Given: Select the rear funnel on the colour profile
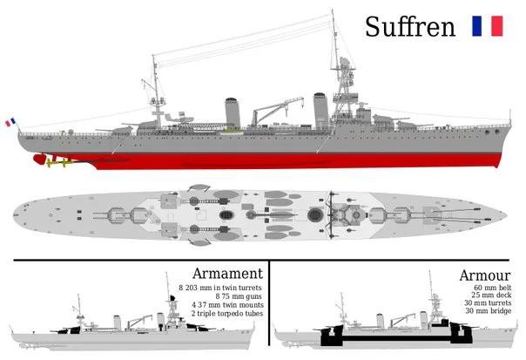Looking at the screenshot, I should tap(233, 112).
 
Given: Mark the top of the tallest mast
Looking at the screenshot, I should tap(333, 13).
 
